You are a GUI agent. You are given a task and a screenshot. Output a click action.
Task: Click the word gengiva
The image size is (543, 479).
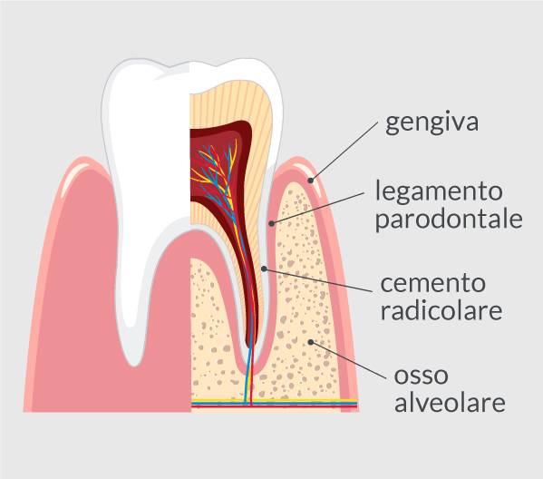point(431,122)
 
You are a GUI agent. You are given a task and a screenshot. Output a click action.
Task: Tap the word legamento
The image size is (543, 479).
point(439,191)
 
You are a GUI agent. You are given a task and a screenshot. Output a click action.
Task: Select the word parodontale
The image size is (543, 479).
point(449,219)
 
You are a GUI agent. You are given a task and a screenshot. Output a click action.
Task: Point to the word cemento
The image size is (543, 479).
point(433,283)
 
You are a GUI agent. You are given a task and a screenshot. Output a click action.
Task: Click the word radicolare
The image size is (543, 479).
point(441,309)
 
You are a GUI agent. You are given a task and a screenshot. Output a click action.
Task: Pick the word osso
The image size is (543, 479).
point(422,376)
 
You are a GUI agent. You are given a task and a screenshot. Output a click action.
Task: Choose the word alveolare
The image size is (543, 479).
point(450,402)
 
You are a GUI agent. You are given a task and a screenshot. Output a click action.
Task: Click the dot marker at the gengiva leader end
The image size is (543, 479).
point(311,181)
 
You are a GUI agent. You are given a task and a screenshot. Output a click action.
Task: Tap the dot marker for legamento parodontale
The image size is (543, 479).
point(272,223)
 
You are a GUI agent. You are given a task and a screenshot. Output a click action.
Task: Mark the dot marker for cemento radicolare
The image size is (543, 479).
point(264,269)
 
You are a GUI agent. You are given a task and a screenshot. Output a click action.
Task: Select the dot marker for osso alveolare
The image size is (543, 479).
point(311,342)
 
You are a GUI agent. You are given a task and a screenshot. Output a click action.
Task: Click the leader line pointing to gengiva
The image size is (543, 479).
point(344,152)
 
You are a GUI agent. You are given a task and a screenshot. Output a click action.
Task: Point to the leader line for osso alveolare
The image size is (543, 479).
point(348,360)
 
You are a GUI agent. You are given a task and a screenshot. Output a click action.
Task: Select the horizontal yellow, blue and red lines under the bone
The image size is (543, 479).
point(275,403)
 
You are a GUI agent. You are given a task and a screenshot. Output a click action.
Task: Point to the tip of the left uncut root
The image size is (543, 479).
point(133,365)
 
